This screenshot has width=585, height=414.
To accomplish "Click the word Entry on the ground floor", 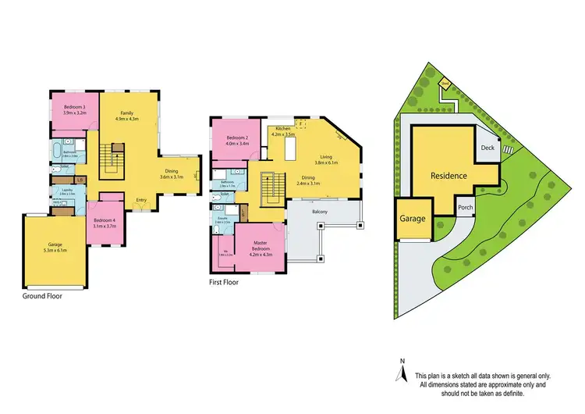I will click(x=141, y=200).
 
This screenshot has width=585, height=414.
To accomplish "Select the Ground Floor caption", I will click(x=44, y=296).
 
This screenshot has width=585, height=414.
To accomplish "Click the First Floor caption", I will click(x=223, y=283).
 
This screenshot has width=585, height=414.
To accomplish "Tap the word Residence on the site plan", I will click(x=448, y=176).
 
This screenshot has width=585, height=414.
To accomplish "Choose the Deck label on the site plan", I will click(x=487, y=147).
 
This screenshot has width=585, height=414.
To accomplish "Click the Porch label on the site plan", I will click(x=466, y=207).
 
